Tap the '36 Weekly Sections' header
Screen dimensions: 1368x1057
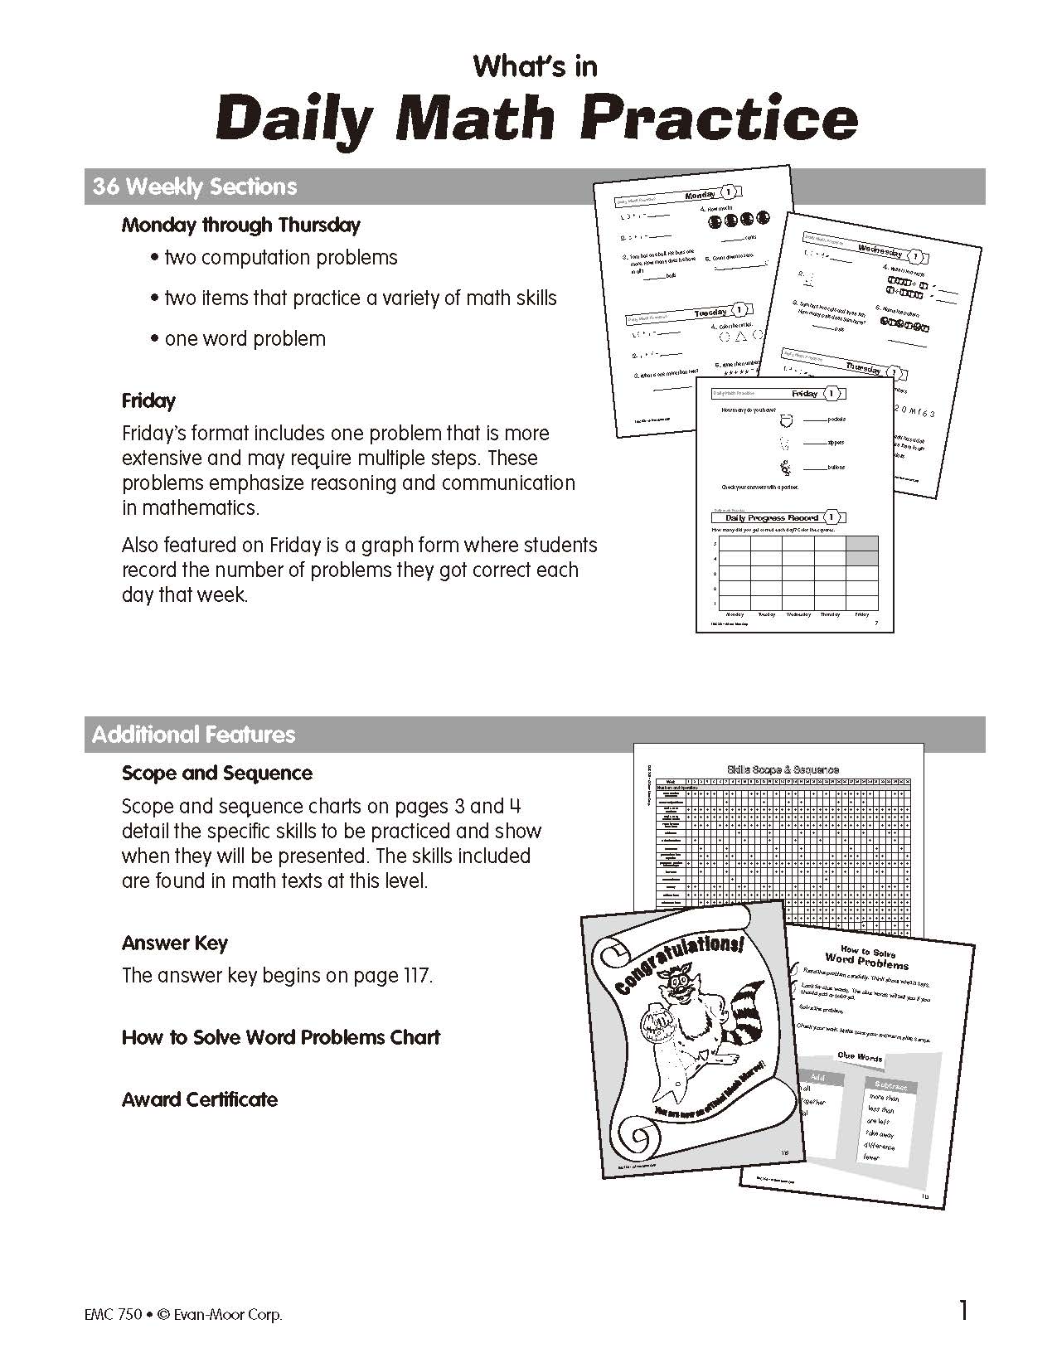coord(195,187)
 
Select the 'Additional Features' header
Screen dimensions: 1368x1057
coord(194,735)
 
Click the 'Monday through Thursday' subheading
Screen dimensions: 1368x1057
coord(241,225)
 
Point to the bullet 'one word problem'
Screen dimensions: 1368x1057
coord(245,339)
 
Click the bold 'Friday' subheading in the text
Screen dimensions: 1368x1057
coord(148,401)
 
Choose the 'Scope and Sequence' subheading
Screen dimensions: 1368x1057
coord(217,774)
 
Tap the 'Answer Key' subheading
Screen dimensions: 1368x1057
coord(174,944)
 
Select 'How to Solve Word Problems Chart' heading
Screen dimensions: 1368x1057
coord(281,1038)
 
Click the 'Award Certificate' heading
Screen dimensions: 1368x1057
coord(200,1100)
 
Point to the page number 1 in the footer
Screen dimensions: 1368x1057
coord(962,1311)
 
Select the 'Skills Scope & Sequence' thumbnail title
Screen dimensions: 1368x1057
coord(782,769)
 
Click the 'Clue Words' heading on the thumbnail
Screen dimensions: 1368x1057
coord(860,1057)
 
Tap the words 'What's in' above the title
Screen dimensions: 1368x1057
coord(535,66)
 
